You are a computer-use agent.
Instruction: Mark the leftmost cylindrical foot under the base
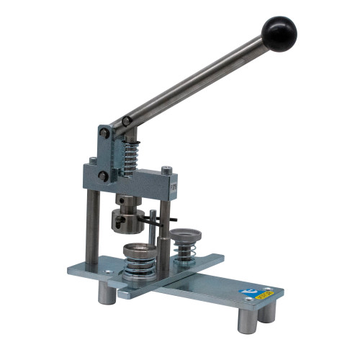[107, 292]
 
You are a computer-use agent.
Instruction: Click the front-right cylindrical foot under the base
[246, 318]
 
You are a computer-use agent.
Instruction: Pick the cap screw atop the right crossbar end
[166, 170]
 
